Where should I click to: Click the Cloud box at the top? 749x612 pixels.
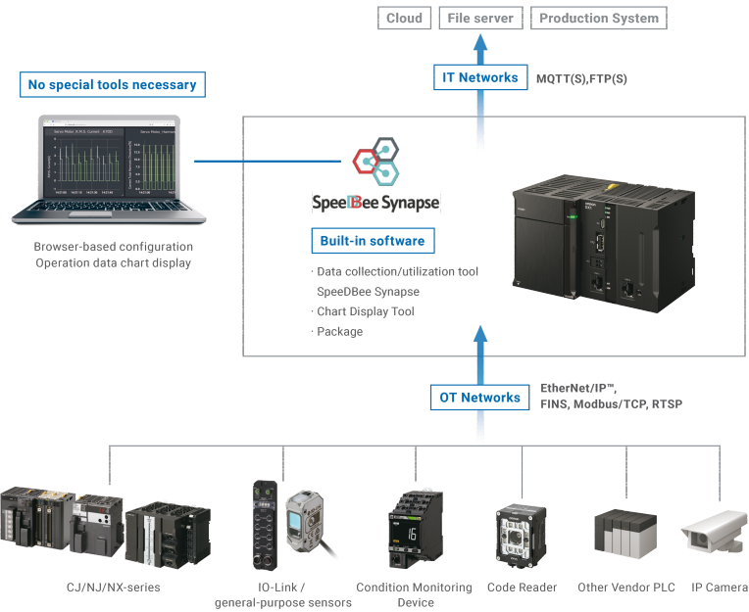(404, 18)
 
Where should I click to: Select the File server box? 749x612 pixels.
(479, 18)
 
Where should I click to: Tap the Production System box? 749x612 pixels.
(599, 18)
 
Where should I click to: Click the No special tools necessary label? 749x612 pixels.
(112, 85)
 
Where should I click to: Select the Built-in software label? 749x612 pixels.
(373, 241)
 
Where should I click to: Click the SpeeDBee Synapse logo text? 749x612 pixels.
(375, 203)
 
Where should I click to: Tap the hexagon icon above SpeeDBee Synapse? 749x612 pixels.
(376, 161)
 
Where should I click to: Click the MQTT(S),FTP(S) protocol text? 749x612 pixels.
(581, 77)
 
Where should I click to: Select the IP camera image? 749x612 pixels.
(714, 537)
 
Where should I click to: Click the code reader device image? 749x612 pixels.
(522, 534)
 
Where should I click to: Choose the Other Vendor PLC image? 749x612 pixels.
(622, 537)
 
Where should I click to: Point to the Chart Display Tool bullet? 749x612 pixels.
(365, 311)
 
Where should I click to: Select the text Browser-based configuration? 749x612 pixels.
(114, 247)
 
